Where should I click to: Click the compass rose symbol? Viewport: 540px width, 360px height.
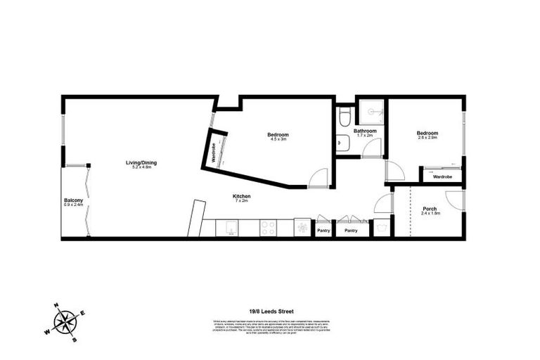pyautogui.click(x=66, y=323)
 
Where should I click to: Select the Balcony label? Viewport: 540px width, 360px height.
pyautogui.click(x=73, y=200)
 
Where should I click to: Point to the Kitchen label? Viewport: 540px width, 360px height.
pyautogui.click(x=242, y=196)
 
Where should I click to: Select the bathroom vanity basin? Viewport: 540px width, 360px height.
pyautogui.click(x=342, y=143)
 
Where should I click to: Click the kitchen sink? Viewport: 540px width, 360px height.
pyautogui.click(x=230, y=228)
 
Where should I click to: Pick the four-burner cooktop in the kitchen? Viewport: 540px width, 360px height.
pyautogui.click(x=268, y=228)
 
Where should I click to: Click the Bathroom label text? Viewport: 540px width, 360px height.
pyautogui.click(x=365, y=131)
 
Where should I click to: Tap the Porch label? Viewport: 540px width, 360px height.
pyautogui.click(x=430, y=209)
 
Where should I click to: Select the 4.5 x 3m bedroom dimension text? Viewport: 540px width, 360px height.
pyautogui.click(x=278, y=140)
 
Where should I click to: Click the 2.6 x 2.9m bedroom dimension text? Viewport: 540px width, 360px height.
pyautogui.click(x=427, y=138)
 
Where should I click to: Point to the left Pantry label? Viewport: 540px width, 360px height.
pyautogui.click(x=323, y=230)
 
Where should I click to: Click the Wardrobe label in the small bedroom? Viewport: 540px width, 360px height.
pyautogui.click(x=442, y=177)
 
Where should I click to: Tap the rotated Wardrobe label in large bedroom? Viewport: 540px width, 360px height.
pyautogui.click(x=213, y=152)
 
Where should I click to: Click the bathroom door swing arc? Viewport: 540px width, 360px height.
pyautogui.click(x=373, y=148)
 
